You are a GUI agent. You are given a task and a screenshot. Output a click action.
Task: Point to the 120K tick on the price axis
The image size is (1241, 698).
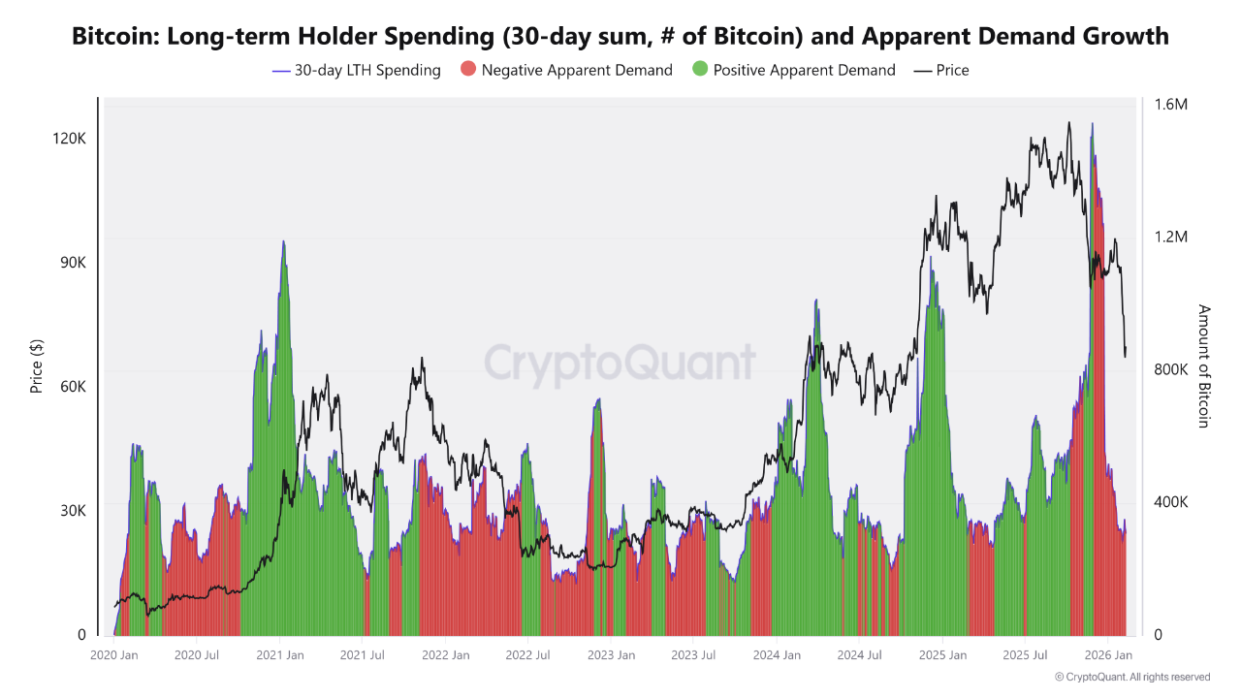coord(69,139)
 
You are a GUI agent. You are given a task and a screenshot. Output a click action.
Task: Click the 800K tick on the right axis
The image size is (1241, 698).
coord(1170,369)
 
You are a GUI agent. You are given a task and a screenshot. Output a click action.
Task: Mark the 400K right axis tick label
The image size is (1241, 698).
coord(1170,502)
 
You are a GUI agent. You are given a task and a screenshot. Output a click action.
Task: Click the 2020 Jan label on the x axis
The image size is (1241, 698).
coord(114,655)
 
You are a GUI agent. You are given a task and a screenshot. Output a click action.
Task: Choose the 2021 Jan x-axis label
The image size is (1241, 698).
coord(279,655)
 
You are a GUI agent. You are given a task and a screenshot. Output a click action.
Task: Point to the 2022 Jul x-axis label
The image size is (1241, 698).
coord(527,655)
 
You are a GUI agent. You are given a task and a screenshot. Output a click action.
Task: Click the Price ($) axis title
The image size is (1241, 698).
coord(37,365)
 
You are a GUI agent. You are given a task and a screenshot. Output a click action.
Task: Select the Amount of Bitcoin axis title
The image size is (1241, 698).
coord(1204,365)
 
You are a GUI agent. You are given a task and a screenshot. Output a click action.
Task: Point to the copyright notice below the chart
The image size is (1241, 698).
coord(1131,677)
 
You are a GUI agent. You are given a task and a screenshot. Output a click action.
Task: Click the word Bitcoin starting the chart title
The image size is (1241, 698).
coord(114,37)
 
